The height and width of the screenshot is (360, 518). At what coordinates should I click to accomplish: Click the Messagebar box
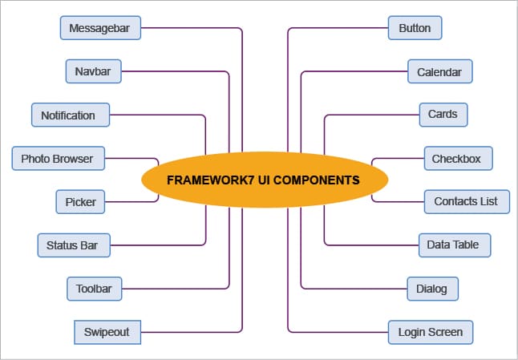pyautogui.click(x=101, y=28)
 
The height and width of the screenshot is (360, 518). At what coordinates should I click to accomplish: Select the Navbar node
pyautogui.click(x=93, y=71)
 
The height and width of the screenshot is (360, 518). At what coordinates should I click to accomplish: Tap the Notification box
pyautogui.click(x=68, y=115)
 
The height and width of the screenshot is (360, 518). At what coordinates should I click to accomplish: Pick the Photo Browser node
pyautogui.click(x=57, y=158)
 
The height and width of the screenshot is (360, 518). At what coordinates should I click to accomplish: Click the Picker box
pyautogui.click(x=80, y=201)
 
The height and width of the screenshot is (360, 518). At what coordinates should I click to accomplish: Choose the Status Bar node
pyautogui.click(x=73, y=245)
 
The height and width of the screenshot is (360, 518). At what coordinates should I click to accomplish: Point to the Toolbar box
pyautogui.click(x=94, y=288)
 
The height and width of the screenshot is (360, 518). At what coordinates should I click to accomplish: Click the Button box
pyautogui.click(x=415, y=28)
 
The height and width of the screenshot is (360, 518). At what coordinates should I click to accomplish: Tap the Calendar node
pyautogui.click(x=439, y=71)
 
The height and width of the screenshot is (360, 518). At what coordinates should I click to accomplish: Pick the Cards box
pyautogui.click(x=443, y=114)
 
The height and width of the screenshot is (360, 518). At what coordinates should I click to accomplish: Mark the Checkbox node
pyautogui.click(x=456, y=158)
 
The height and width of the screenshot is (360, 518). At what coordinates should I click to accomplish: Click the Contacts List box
pyautogui.click(x=466, y=201)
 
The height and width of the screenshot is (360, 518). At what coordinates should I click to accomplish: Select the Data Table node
pyautogui.click(x=454, y=245)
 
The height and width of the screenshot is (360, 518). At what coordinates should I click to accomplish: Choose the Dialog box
pyautogui.click(x=432, y=288)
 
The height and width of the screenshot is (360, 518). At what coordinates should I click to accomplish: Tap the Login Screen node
pyautogui.click(x=431, y=331)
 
